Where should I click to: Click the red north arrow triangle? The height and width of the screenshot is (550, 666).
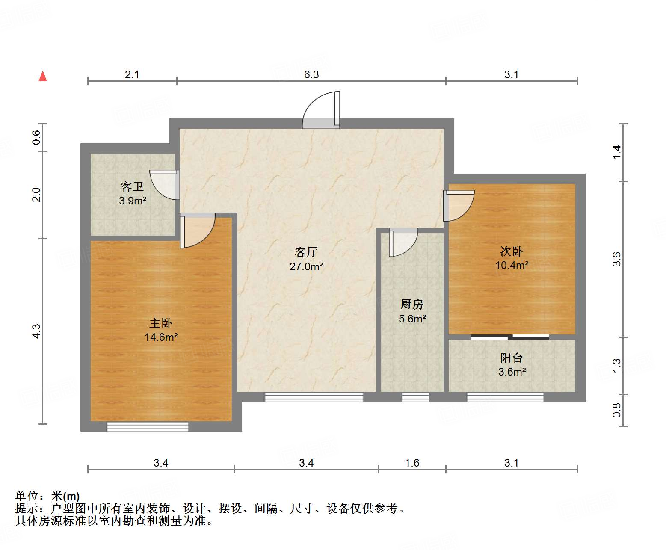43,76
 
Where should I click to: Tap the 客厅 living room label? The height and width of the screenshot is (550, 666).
306,252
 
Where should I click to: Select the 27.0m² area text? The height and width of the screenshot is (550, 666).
306,266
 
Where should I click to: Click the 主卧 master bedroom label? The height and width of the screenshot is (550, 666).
161,323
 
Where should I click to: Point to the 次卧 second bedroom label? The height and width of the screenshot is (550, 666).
512,251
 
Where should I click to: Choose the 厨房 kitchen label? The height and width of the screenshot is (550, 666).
412,304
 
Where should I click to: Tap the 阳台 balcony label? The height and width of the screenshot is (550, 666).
512,358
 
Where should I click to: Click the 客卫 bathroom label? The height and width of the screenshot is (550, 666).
132,186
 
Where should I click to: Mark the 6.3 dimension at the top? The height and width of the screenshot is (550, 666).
311,74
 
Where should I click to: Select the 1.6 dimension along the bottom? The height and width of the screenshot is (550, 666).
412,463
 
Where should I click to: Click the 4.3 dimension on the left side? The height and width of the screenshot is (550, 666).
36,331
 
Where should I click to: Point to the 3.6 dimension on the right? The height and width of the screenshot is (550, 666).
616,259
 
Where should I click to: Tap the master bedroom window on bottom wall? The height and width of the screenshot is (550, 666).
148,426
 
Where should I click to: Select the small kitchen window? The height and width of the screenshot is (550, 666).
415,397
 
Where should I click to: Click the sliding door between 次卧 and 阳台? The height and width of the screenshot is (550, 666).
509,337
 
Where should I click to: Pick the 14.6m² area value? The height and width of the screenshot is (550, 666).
161,337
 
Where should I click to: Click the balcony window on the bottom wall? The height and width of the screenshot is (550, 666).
505,397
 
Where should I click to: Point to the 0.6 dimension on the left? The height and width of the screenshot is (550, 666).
36,137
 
